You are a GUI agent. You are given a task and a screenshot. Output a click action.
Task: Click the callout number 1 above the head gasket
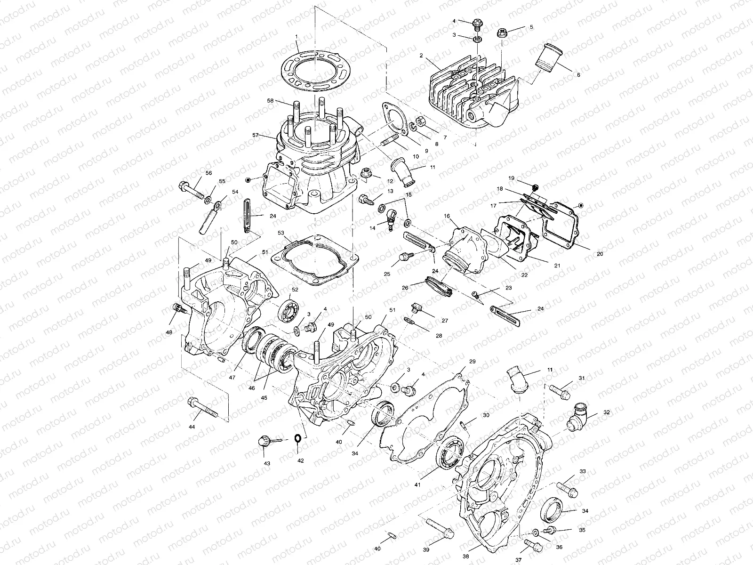tap(297, 37)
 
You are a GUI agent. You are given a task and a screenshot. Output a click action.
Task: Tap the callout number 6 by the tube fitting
tap(578, 74)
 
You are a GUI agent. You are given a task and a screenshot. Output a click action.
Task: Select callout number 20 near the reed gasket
tap(600, 254)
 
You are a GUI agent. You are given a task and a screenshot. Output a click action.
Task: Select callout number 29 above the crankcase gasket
tap(472, 362)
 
